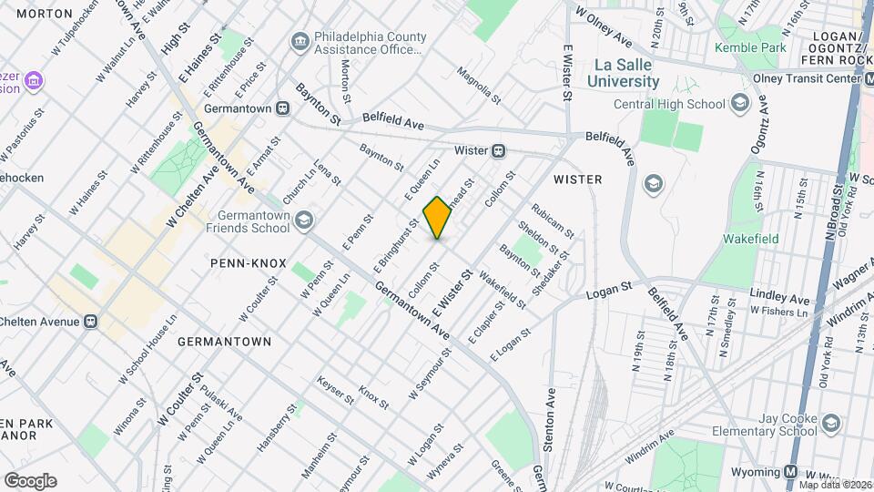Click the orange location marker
(438, 218)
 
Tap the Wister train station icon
(499, 150)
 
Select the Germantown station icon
(283, 108)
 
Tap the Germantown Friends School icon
(303, 220)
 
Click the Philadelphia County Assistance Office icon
(300, 41)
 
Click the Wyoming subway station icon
(791, 472)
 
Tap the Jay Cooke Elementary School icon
(830, 423)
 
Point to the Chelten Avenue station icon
(90, 322)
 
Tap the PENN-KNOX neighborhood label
(244, 262)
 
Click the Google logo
(30, 480)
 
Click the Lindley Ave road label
(779, 298)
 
